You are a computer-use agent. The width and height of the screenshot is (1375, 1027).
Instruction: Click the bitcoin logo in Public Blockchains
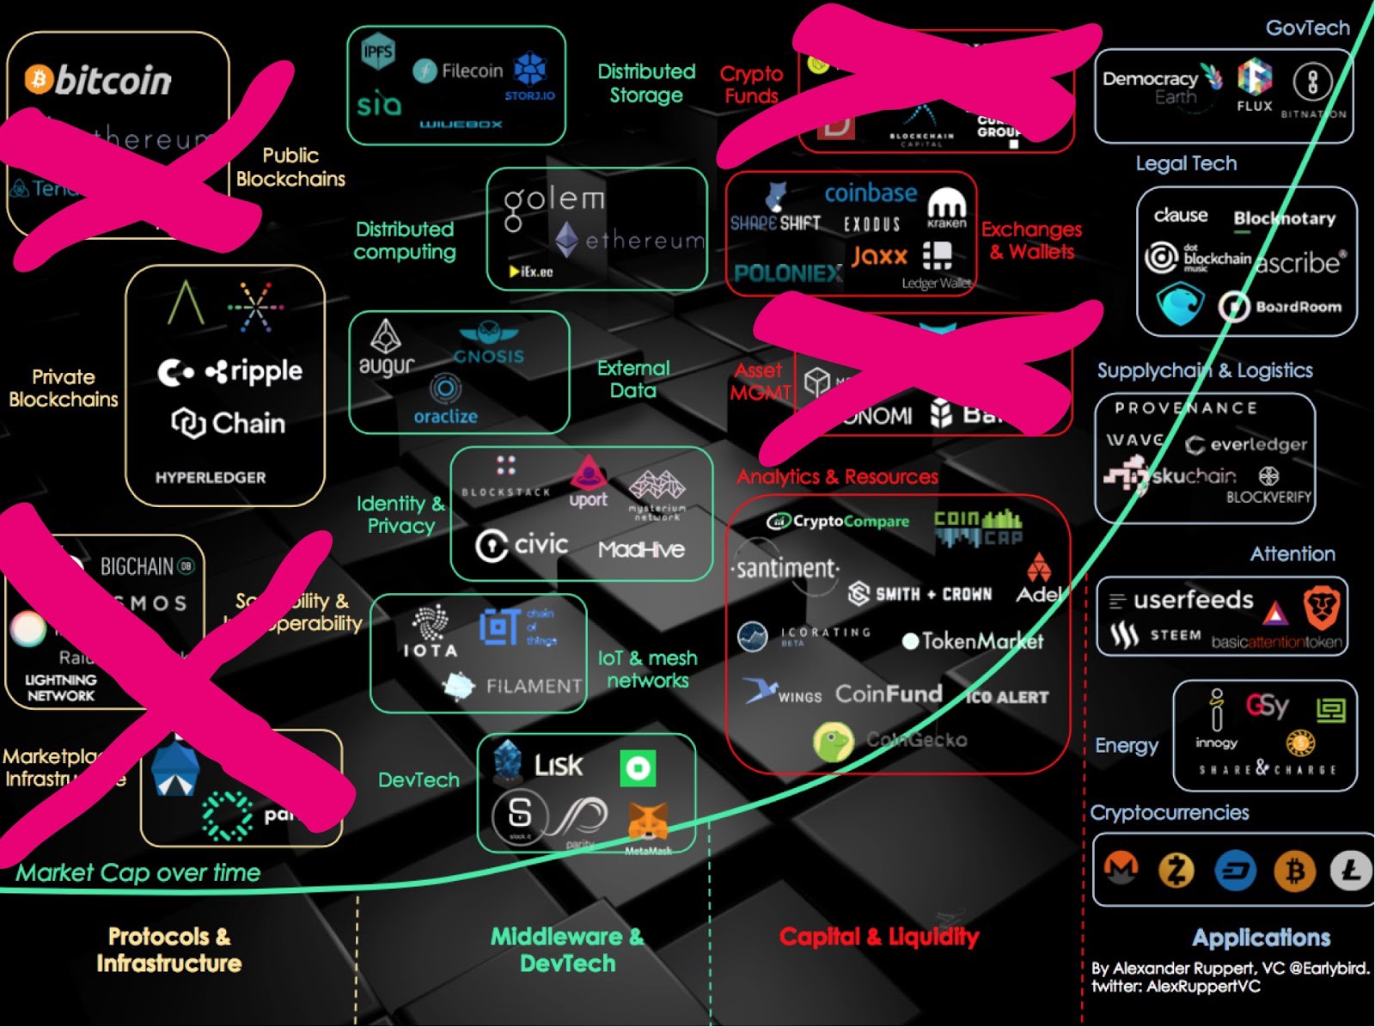click(x=98, y=80)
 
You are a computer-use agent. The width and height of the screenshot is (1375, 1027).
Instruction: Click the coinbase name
click(x=871, y=193)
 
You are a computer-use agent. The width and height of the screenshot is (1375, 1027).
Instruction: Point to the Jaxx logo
click(x=879, y=256)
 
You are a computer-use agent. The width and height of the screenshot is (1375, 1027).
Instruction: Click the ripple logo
click(x=254, y=371)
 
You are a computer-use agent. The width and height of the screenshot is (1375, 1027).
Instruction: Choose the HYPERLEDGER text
click(x=211, y=477)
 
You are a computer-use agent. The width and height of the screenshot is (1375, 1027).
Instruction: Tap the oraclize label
click(x=445, y=416)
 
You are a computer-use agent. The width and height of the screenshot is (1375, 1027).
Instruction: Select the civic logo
click(x=522, y=545)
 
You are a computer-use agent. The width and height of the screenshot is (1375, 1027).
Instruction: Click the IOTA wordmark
click(x=431, y=650)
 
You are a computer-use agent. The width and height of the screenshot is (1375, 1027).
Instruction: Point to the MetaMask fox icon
click(x=648, y=822)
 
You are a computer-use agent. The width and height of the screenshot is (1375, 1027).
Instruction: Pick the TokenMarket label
click(x=973, y=641)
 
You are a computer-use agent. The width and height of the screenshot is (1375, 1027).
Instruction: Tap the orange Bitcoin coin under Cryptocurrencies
click(x=1294, y=871)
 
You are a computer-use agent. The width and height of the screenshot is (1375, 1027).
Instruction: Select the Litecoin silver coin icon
click(x=1350, y=871)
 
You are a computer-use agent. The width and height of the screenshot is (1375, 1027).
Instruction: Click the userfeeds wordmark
click(x=1193, y=600)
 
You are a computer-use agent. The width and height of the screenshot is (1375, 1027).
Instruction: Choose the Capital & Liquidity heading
click(x=878, y=937)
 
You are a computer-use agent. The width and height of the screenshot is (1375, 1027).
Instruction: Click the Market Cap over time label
click(x=138, y=873)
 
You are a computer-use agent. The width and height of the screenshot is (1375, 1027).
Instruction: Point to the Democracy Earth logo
click(x=1160, y=86)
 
